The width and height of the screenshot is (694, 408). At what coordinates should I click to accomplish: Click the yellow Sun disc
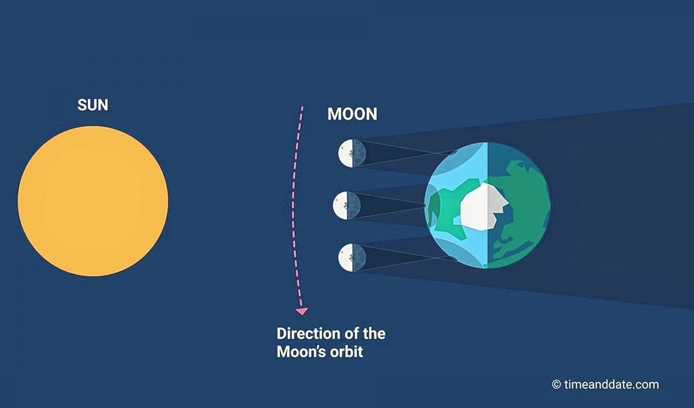[x=93, y=201]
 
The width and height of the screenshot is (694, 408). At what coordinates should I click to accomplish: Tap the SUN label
[x=93, y=105]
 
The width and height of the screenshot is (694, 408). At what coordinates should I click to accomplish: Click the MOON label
[x=352, y=114]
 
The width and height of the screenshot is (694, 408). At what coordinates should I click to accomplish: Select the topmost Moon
[x=352, y=153]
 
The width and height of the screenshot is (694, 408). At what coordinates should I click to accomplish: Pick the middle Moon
[x=347, y=205]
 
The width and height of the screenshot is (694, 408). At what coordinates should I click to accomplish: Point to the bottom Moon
[x=352, y=258]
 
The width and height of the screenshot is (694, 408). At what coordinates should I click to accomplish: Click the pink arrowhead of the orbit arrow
[x=301, y=311]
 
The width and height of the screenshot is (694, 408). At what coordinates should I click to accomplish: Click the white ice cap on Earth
[x=484, y=206]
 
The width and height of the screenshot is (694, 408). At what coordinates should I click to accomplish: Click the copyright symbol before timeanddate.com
[x=556, y=384]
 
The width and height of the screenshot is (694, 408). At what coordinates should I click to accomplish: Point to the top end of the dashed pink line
[x=302, y=107]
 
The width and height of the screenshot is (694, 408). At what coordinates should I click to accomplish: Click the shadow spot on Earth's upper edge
[x=453, y=152]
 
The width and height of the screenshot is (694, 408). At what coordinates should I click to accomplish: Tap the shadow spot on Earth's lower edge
[x=453, y=258]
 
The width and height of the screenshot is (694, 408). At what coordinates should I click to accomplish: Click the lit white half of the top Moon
[x=346, y=153]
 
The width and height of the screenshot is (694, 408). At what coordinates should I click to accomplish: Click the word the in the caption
[x=374, y=334]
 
